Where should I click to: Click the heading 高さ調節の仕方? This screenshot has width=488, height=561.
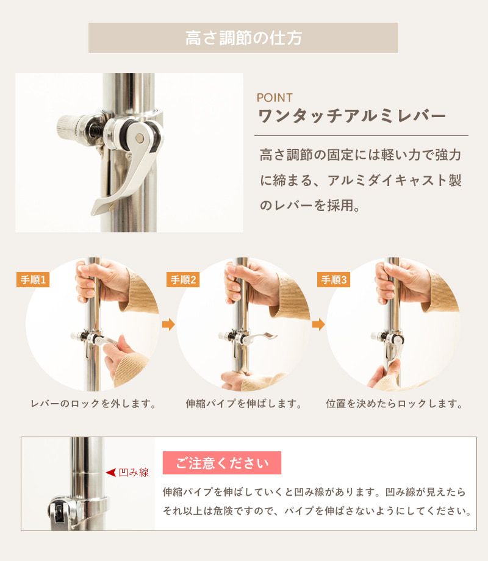pos(243,38)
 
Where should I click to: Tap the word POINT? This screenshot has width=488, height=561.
pos(274,98)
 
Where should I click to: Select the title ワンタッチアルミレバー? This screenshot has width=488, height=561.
pos(352,116)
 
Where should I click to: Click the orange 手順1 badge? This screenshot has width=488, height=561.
pos(34,280)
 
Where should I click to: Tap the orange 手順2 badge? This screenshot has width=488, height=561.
pos(183,280)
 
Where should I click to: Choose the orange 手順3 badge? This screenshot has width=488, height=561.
pos(333,280)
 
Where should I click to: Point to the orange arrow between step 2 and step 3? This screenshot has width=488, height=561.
pos(318,324)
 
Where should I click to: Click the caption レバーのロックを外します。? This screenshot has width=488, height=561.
pos(94,404)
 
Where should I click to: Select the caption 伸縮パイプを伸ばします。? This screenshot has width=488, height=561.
pos(244,404)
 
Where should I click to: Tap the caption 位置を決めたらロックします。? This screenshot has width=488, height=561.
pos(394,404)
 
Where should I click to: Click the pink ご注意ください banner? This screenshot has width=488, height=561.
pos(222,463)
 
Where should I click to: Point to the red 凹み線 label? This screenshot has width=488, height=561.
pos(134,473)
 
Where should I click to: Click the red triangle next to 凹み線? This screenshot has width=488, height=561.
pos(110,473)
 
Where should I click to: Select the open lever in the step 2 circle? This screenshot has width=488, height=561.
pos(263,337)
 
